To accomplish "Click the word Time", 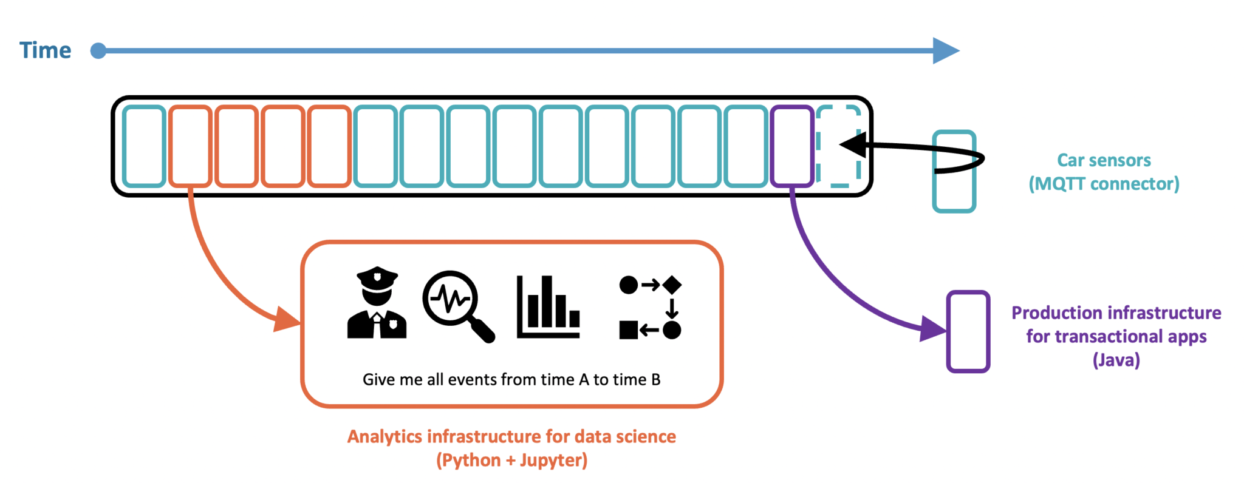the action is click(45, 50).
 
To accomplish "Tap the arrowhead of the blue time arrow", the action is click(946, 50).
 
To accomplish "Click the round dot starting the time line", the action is click(98, 51).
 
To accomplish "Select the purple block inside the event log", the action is click(792, 146).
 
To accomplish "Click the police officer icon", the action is click(377, 302).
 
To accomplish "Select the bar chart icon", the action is click(548, 306).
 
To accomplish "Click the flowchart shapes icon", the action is click(651, 307).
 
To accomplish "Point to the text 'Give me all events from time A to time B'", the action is click(511, 380).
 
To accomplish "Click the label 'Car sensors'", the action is click(1104, 160).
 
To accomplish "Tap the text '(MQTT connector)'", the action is click(1104, 184).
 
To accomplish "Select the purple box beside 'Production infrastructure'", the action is click(968, 331).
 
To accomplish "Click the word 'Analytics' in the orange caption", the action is click(384, 437).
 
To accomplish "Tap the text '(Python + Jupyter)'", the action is click(511, 461).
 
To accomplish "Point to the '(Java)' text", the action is click(1116, 360).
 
